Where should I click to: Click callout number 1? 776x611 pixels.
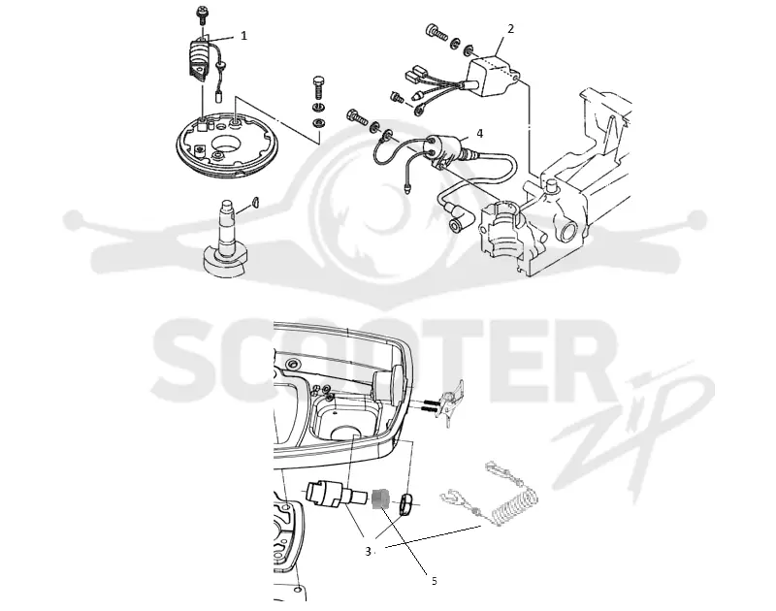(243, 36)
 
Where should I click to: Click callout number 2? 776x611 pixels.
(511, 29)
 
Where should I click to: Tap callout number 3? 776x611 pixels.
(368, 551)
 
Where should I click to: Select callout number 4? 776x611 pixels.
(479, 133)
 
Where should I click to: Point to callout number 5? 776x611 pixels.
(434, 581)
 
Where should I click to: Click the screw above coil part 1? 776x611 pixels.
(202, 15)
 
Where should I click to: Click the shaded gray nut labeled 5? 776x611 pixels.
(380, 498)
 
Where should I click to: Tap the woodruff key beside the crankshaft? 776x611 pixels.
(255, 201)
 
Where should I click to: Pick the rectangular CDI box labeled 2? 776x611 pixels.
(493, 76)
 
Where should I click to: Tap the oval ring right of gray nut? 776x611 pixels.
(405, 504)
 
